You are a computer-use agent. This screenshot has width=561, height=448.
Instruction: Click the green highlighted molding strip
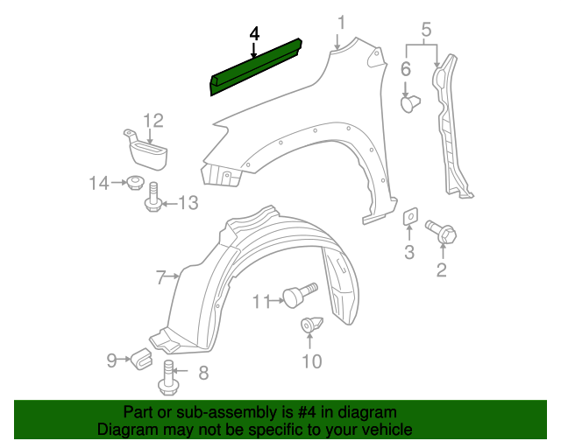pyautogui.click(x=255, y=67)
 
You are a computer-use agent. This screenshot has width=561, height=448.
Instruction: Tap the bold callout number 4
pyautogui.click(x=254, y=34)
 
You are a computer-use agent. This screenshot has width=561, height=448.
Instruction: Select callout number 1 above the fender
pyautogui.click(x=342, y=22)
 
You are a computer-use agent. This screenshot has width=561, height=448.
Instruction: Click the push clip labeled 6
pyautogui.click(x=410, y=104)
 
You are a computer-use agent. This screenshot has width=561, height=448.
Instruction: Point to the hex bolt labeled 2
pyautogui.click(x=441, y=232)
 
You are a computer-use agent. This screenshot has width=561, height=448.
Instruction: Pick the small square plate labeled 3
pyautogui.click(x=410, y=216)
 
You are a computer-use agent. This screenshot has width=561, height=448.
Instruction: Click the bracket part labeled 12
pyautogui.click(x=146, y=149)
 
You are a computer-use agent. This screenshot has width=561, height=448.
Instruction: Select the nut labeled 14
pyautogui.click(x=134, y=183)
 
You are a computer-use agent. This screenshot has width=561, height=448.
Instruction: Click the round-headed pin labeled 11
pyautogui.click(x=300, y=294)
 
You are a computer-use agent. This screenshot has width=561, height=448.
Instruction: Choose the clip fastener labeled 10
pyautogui.click(x=311, y=324)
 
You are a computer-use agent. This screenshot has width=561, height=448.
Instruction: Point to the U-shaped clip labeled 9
pyautogui.click(x=141, y=359)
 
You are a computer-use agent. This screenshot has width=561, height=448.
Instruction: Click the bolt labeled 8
pyautogui.click(x=167, y=378)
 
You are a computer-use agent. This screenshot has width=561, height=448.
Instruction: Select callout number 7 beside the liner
pyautogui.click(x=161, y=277)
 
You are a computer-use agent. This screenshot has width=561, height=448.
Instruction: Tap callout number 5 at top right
pyautogui.click(x=426, y=30)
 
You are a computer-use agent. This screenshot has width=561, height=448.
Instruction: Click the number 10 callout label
pyautogui.click(x=312, y=361)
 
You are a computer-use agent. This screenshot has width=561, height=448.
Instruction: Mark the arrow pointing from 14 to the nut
pyautogui.click(x=118, y=183)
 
